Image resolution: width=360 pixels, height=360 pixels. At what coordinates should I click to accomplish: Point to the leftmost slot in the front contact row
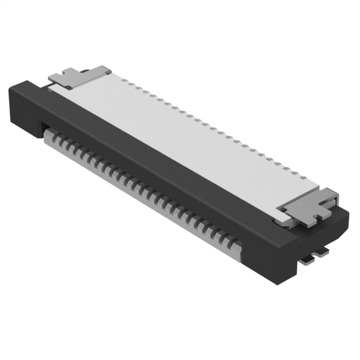tap(52, 134)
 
